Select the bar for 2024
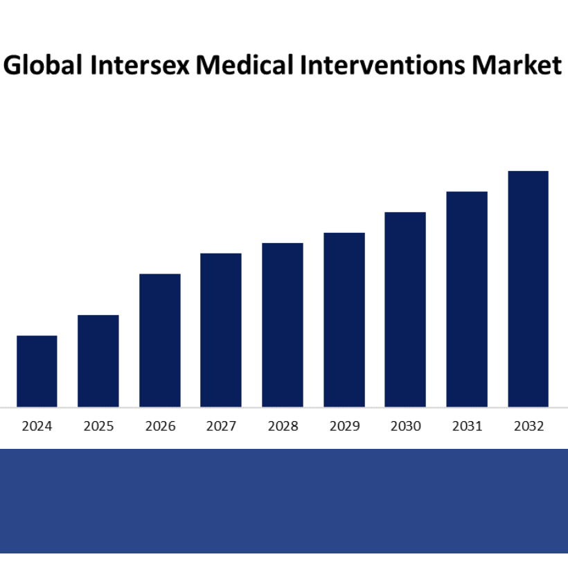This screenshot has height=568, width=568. (x=37, y=371)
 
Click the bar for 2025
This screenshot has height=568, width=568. (x=98, y=361)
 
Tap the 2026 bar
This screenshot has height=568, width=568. (x=160, y=340)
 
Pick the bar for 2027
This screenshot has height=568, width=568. (x=221, y=330)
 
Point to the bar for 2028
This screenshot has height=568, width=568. (x=283, y=325)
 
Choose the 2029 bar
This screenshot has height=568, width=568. (x=344, y=319)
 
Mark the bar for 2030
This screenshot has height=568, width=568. (x=405, y=309)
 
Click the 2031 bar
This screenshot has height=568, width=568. (x=467, y=299)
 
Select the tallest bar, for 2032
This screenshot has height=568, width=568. (x=528, y=289)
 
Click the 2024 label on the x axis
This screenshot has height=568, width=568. (x=37, y=426)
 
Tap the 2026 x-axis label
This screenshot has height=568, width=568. (x=160, y=426)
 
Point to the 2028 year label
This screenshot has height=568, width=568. (x=283, y=426)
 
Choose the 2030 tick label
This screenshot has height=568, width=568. (x=405, y=426)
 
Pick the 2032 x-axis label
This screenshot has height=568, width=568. (x=529, y=426)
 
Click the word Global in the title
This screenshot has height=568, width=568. (x=42, y=66)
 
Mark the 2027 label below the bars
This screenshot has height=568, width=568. (x=221, y=426)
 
